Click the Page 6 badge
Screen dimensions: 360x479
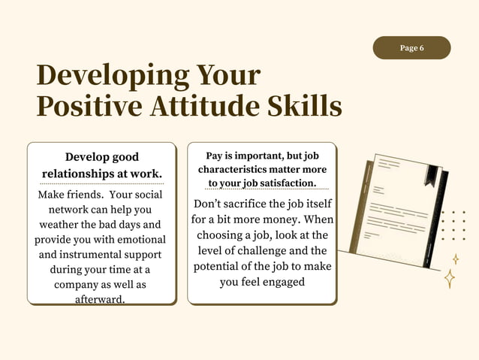pos(411,48)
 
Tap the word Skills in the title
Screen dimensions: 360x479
pos(305,106)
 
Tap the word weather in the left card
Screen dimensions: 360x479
pos(63,224)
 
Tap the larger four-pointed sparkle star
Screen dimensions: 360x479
pos(450,278)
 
